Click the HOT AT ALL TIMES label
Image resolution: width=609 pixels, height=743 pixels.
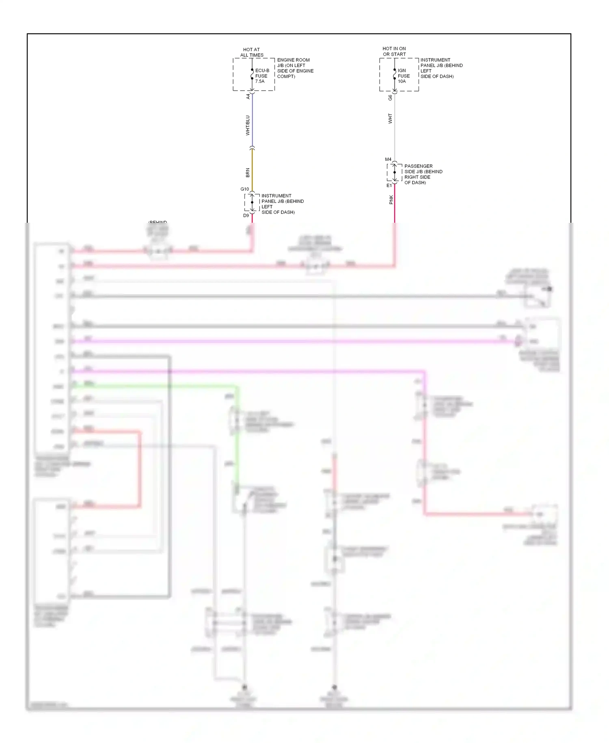[x=252, y=52]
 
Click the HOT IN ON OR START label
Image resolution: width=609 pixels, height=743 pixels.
[x=394, y=51]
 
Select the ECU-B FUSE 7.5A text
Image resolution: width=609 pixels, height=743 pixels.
[x=262, y=76]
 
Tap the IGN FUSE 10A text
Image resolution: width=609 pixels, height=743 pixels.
[x=404, y=76]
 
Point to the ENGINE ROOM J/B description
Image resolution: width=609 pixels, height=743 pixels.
[x=295, y=68]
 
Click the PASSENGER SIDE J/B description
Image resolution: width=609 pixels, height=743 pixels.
[x=423, y=174]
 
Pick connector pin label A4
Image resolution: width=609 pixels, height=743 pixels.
[x=248, y=97]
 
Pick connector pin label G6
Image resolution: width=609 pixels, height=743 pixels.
[x=390, y=98]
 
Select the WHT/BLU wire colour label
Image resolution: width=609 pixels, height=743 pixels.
[x=248, y=125]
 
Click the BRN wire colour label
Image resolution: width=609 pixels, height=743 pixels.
[x=248, y=173]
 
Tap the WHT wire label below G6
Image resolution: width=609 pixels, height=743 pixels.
[x=390, y=119]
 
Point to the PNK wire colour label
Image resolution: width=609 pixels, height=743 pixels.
[x=391, y=200]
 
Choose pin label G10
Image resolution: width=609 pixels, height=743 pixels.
[x=244, y=189]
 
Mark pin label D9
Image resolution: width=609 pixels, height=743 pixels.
[x=246, y=215]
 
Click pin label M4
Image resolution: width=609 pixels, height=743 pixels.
[x=388, y=159]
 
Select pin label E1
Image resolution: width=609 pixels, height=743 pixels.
[x=389, y=185]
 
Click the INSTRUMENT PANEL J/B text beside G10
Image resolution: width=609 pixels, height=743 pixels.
[x=282, y=204]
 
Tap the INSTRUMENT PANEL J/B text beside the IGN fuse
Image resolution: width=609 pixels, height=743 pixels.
[x=441, y=68]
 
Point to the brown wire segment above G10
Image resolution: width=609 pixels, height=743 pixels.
[x=252, y=169]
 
